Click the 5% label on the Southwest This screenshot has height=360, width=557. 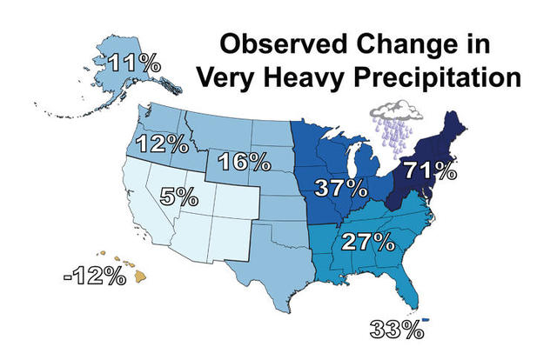pos(177,197)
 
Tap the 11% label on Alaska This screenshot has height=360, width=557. pos(129,62)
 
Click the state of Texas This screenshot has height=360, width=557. pos(261,261)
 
